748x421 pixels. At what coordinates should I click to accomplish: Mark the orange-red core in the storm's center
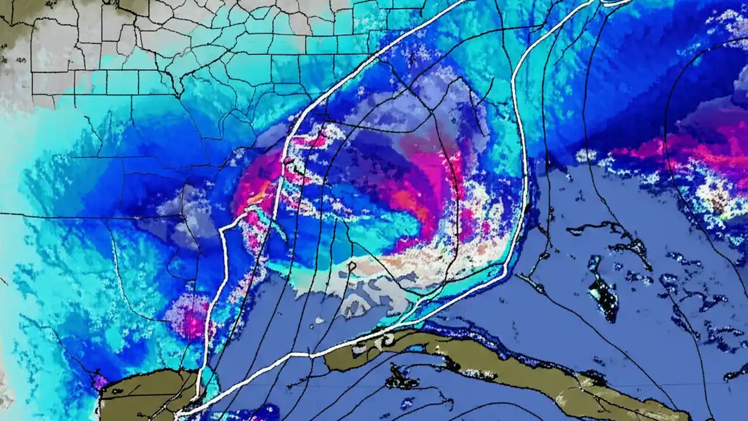tap(409, 202)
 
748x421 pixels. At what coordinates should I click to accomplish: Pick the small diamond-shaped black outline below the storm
tap(351, 267)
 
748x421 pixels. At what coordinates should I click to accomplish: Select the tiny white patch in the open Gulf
tap(319, 320)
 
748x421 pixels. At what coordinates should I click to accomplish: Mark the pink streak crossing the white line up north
tap(304, 140)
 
